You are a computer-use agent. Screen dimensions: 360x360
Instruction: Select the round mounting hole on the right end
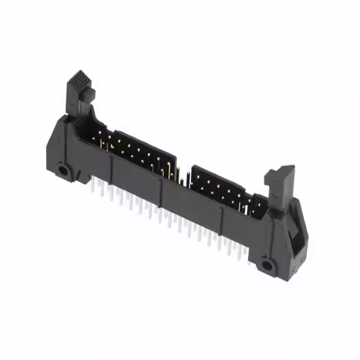(x=266, y=264)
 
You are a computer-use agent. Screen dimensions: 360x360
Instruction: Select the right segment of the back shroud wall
(x=219, y=179)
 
